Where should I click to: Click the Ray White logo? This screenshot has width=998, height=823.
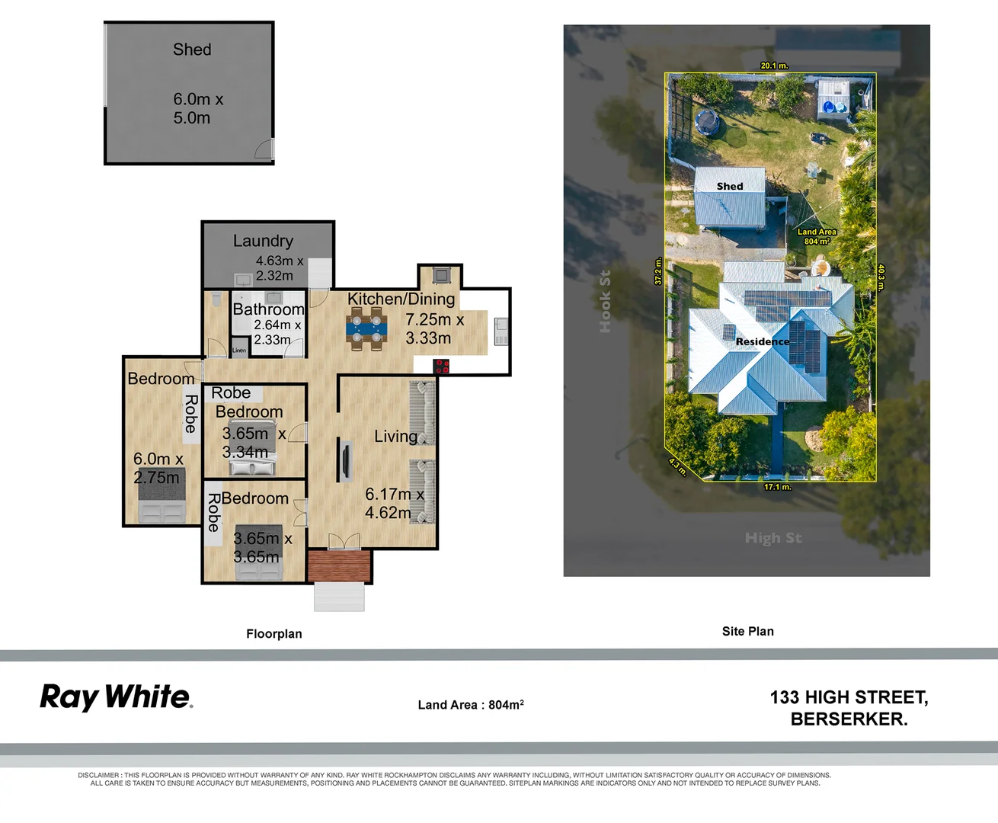click(x=116, y=697)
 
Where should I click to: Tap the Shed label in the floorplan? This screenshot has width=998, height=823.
click(x=192, y=50)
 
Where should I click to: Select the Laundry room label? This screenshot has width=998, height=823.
click(x=263, y=241)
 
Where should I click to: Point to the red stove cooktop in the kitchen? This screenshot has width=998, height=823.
click(x=441, y=367)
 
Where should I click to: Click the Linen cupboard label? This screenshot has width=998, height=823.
click(x=239, y=351)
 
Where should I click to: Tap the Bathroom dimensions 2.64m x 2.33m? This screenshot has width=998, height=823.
click(x=277, y=332)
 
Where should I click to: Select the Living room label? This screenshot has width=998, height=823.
click(x=395, y=437)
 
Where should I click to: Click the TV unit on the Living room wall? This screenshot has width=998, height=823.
click(x=345, y=461)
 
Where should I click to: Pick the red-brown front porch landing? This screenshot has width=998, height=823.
click(x=339, y=566)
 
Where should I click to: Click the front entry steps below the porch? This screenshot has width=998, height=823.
click(x=339, y=597)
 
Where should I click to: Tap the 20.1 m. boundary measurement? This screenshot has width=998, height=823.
click(x=774, y=66)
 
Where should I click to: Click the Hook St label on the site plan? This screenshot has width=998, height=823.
click(x=605, y=302)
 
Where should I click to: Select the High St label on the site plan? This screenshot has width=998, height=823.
click(x=772, y=538)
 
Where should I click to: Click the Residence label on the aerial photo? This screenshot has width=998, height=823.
click(x=762, y=341)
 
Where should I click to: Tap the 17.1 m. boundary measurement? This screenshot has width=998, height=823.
click(x=777, y=487)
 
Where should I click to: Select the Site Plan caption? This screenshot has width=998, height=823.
click(x=747, y=632)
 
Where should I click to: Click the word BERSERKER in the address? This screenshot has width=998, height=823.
click(x=848, y=719)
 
